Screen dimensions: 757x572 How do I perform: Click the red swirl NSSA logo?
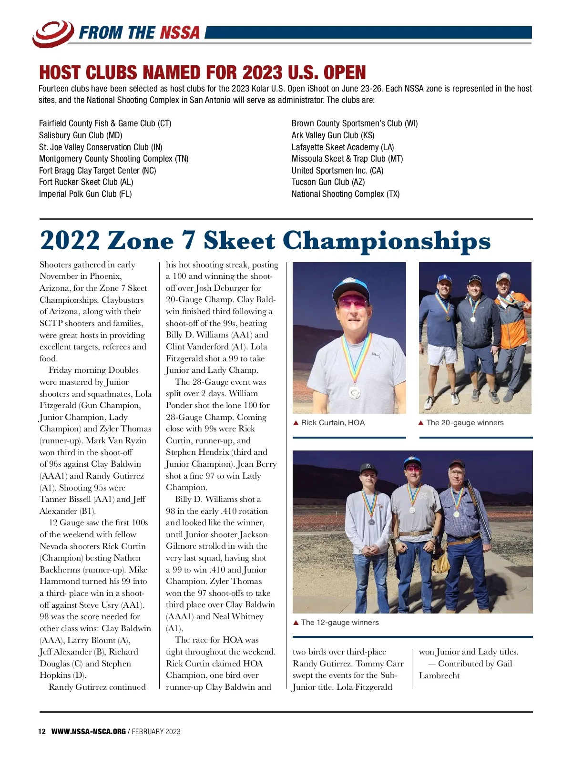(x=53, y=33)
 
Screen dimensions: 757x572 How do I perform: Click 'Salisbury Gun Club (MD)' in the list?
(x=81, y=135)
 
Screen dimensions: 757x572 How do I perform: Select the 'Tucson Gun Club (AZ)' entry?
(x=328, y=182)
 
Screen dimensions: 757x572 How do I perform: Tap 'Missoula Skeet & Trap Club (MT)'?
(x=347, y=159)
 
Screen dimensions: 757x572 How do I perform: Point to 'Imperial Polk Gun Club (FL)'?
(x=85, y=194)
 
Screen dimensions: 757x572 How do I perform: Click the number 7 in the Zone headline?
(x=189, y=240)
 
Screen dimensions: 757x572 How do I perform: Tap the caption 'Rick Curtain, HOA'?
(x=333, y=423)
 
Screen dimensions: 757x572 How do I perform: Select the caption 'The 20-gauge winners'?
(x=465, y=423)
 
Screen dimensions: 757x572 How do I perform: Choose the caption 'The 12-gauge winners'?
(x=340, y=623)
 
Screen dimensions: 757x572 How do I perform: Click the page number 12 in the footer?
(x=42, y=731)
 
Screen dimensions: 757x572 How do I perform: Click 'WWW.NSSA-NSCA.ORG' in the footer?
(x=89, y=731)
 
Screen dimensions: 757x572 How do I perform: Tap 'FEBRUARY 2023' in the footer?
(x=156, y=731)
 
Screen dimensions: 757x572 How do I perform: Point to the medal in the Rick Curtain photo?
(x=355, y=392)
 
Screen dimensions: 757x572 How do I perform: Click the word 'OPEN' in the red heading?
(x=345, y=73)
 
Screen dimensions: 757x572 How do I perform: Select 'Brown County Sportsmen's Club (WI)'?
(x=355, y=123)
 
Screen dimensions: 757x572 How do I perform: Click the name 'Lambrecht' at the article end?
(x=439, y=675)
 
